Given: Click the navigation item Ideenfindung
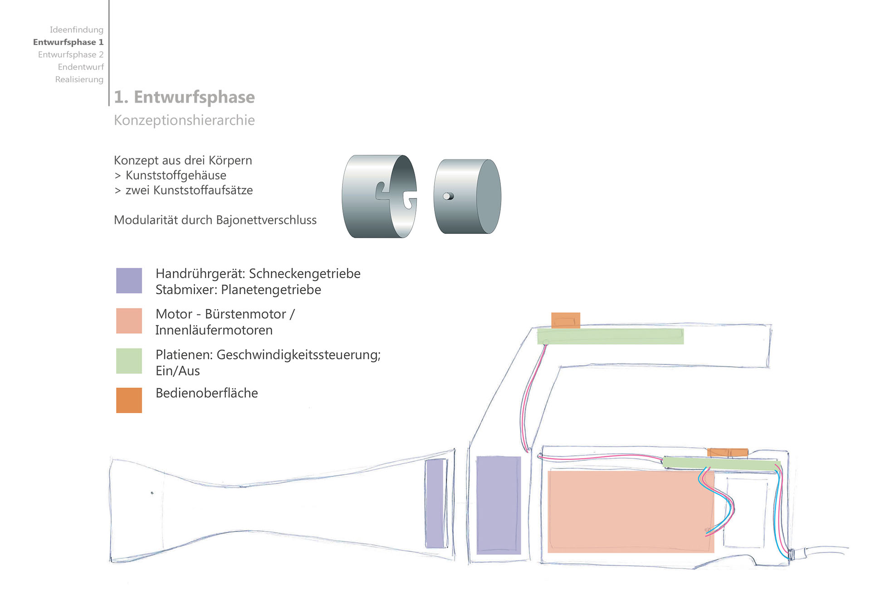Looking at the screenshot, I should (x=76, y=30).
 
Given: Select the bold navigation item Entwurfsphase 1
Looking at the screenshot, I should (x=68, y=42).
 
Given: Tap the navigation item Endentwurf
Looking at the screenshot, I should (x=81, y=67).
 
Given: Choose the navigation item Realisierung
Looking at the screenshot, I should (x=79, y=79).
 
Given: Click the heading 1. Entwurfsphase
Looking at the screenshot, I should (x=184, y=97).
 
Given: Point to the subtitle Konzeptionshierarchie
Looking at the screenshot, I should (x=184, y=120).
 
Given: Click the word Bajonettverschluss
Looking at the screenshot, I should (x=266, y=220).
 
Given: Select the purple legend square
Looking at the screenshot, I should (x=129, y=281).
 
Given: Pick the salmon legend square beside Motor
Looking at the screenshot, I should (x=129, y=321).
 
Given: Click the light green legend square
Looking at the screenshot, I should (x=129, y=361).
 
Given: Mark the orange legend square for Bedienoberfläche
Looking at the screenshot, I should (x=129, y=400).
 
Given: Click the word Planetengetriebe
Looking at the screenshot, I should (x=271, y=290).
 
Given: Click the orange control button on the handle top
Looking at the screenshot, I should (x=566, y=320).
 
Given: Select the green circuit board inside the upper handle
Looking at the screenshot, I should (x=610, y=336).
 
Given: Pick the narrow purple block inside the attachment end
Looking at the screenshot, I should (x=435, y=503).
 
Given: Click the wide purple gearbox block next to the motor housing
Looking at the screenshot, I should (x=499, y=505).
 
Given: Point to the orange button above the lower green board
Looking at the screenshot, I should (x=728, y=453).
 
